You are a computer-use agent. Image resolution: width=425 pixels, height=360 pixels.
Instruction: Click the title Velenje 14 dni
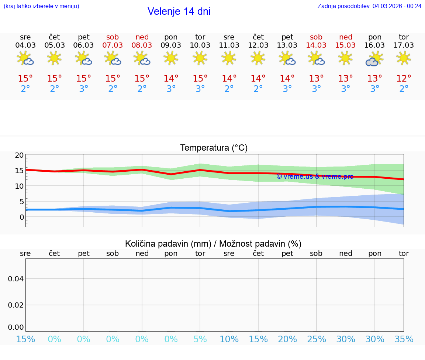pyautogui.click(x=179, y=11)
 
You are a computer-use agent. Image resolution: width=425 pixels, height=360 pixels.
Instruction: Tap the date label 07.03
pyautogui.click(x=113, y=45)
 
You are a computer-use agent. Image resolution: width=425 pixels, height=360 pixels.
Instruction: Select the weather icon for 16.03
pyautogui.click(x=374, y=59)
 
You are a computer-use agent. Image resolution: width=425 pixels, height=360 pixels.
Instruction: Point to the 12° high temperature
pyautogui.click(x=404, y=79)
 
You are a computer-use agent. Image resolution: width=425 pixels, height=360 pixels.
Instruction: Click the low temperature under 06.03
pyautogui.click(x=84, y=89)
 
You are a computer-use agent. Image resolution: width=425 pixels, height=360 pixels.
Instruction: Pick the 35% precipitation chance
pyautogui.click(x=404, y=339)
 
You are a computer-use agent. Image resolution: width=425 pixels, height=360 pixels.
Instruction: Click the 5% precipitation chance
pyautogui.click(x=200, y=339)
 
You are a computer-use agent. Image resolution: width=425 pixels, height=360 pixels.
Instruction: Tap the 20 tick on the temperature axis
pyautogui.click(x=20, y=155)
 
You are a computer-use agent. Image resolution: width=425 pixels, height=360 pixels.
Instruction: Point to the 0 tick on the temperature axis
pyautogui.click(x=22, y=217)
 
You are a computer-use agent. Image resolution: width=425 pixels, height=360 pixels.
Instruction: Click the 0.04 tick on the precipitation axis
pyautogui.click(x=16, y=279)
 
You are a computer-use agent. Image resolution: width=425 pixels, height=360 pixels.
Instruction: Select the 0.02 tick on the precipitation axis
pyautogui.click(x=16, y=305)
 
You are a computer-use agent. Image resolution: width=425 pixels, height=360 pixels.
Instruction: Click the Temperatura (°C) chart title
pyautogui.click(x=214, y=148)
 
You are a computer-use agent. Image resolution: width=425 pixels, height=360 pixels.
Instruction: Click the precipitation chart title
pyautogui.click(x=213, y=244)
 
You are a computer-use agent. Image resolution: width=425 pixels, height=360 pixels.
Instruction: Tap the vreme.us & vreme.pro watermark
pyautogui.click(x=315, y=176)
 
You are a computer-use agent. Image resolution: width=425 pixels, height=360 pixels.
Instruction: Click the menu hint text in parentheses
pyautogui.click(x=41, y=6)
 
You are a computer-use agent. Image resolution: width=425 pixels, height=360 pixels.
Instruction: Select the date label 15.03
pyautogui.click(x=345, y=45)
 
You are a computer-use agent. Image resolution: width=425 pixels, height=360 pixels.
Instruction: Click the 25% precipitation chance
pyautogui.click(x=317, y=339)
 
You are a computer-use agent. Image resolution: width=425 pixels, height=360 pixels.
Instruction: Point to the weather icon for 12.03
pyautogui.click(x=258, y=58)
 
